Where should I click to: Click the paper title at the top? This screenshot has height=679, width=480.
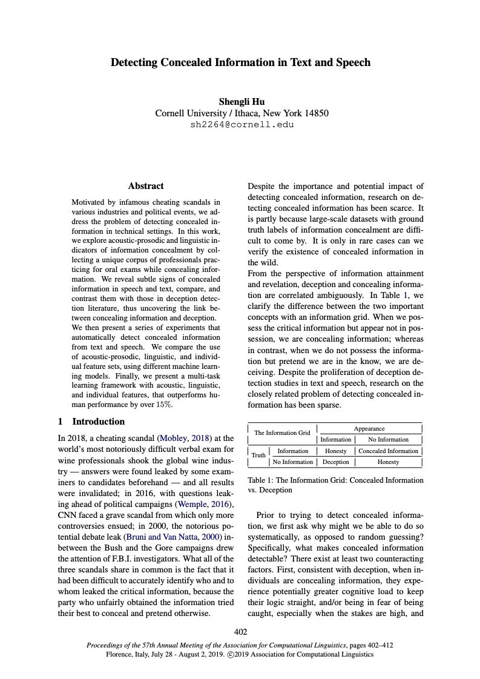pos(240,62)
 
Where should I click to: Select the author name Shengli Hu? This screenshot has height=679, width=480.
pos(242,101)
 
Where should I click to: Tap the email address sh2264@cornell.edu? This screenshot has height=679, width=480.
pos(242,125)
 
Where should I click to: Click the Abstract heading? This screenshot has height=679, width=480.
pos(146,186)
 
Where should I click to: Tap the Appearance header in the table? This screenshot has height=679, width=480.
pos(369,428)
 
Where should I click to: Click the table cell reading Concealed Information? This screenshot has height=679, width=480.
pos(388,451)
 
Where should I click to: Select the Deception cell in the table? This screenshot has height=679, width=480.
pos(335,462)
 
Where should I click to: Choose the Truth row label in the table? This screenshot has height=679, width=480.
pos(258,455)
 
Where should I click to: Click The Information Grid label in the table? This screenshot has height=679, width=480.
pos(282,432)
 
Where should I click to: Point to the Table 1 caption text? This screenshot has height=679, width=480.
pos(336,485)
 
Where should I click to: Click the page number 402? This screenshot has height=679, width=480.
pos(240,633)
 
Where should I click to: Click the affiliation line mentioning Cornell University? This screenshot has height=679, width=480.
pos(242,113)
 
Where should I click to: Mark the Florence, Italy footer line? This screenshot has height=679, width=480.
pos(240,654)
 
